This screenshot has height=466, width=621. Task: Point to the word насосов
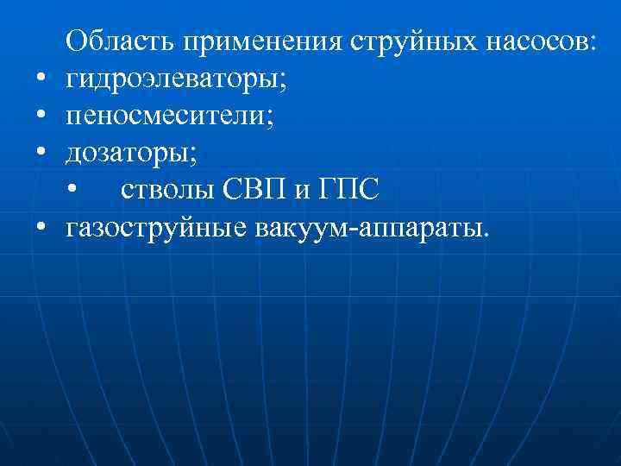[533, 41]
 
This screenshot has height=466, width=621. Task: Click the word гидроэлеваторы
[172, 80]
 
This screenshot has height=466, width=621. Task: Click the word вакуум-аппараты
[371, 229]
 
